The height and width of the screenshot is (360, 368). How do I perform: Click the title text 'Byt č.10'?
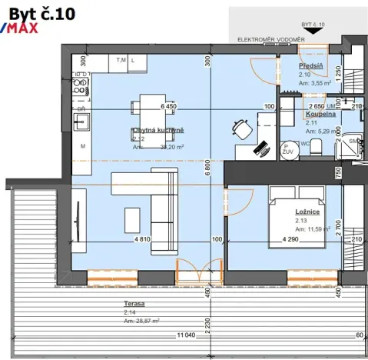point(41,12)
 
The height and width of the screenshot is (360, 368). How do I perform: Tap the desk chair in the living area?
point(240,127)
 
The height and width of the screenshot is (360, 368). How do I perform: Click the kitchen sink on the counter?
point(81,122)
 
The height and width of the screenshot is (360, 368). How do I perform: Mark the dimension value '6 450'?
point(168,107)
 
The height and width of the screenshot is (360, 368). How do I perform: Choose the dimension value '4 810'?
point(142,239)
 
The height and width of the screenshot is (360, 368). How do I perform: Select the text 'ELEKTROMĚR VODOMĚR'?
point(270,38)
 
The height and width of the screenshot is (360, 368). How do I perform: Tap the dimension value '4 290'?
point(290,240)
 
